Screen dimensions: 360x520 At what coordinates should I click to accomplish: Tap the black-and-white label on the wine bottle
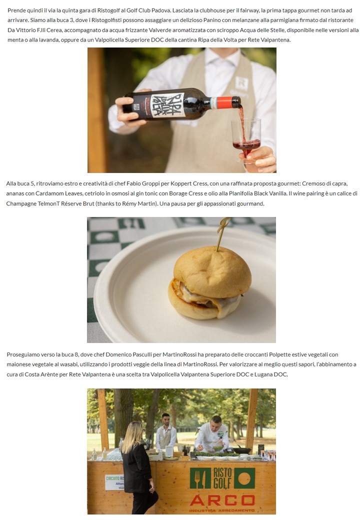point(167,105)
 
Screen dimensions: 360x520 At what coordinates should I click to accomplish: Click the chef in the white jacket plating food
point(212,435)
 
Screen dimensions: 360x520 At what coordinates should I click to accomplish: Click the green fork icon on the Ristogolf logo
point(200,478)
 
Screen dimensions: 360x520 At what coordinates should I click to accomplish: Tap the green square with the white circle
point(244,478)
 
